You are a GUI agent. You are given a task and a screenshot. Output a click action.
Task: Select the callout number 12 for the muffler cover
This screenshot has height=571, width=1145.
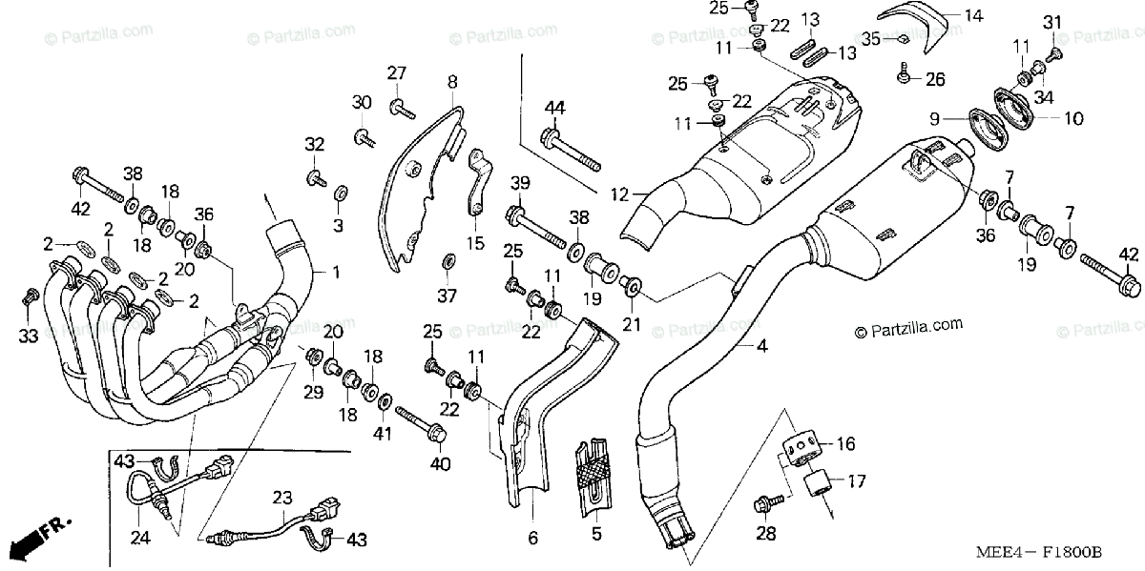(620, 194)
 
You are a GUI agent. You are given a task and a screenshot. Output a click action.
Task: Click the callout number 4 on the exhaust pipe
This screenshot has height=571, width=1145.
(761, 346)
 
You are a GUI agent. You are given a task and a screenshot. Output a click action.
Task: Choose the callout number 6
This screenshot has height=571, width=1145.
(533, 539)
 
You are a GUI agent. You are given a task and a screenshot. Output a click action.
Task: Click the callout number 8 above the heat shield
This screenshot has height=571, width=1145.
(452, 82)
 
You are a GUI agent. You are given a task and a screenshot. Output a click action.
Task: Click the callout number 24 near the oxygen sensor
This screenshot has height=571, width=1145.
(140, 538)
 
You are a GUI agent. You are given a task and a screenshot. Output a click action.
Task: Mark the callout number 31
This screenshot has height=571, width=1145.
(1051, 22)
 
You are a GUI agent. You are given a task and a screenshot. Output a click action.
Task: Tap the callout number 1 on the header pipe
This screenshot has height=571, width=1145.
(335, 272)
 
